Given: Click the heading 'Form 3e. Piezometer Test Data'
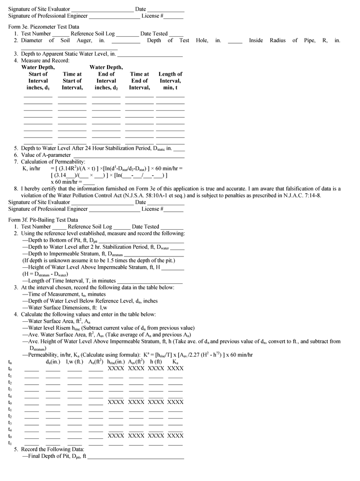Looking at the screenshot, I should click(x=44, y=27).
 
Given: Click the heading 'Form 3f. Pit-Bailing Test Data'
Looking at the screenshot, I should click(x=43, y=220).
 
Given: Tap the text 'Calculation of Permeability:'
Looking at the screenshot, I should click(x=53, y=162).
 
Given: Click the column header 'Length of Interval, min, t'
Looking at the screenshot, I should click(x=170, y=81).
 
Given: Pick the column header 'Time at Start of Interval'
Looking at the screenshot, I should click(x=72, y=81).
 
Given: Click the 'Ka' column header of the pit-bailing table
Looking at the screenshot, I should click(x=175, y=362).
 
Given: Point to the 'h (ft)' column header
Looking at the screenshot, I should click(x=156, y=362).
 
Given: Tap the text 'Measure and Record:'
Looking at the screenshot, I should click(x=45, y=61).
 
